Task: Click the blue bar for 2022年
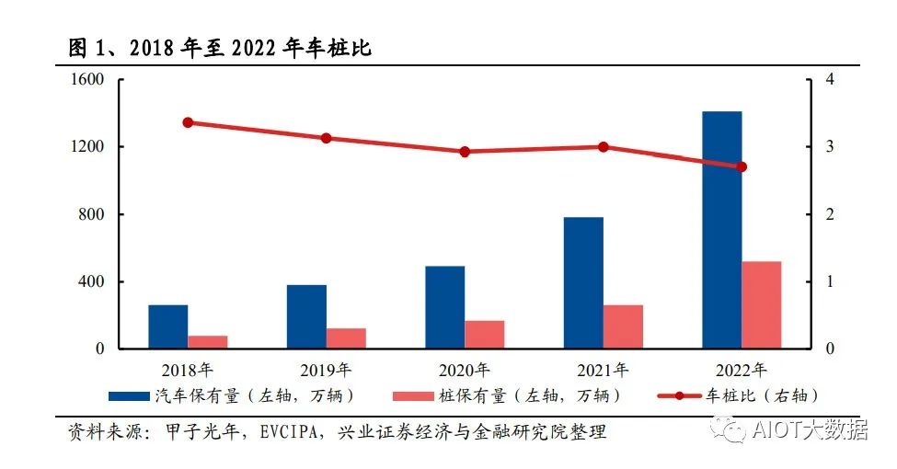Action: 722,230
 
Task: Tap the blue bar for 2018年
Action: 168,326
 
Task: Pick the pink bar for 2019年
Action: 346,338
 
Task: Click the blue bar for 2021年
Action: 583,283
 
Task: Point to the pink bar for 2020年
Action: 485,335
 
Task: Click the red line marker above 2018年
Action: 188,122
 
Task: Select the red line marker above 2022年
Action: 742,166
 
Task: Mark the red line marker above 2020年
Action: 465,152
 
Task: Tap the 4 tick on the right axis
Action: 830,80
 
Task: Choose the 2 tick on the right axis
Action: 830,214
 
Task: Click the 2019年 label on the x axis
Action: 326,371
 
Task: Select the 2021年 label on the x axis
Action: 603,371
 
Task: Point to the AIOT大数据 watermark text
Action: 810,429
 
